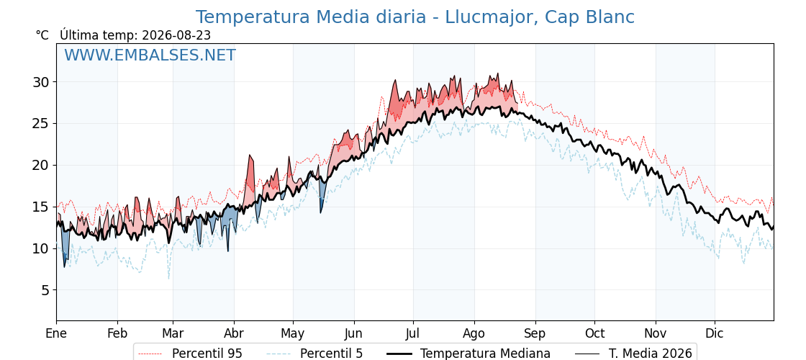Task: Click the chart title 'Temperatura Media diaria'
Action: (310, 17)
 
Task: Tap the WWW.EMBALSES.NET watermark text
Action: (150, 55)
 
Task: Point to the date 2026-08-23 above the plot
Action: (176, 35)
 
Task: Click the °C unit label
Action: (42, 35)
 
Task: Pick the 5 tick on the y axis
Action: (46, 291)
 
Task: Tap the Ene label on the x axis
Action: (57, 333)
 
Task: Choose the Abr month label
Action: (234, 333)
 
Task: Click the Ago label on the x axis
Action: (474, 333)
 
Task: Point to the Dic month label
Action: (715, 333)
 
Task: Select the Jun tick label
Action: (353, 333)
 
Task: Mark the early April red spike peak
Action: (250, 155)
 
